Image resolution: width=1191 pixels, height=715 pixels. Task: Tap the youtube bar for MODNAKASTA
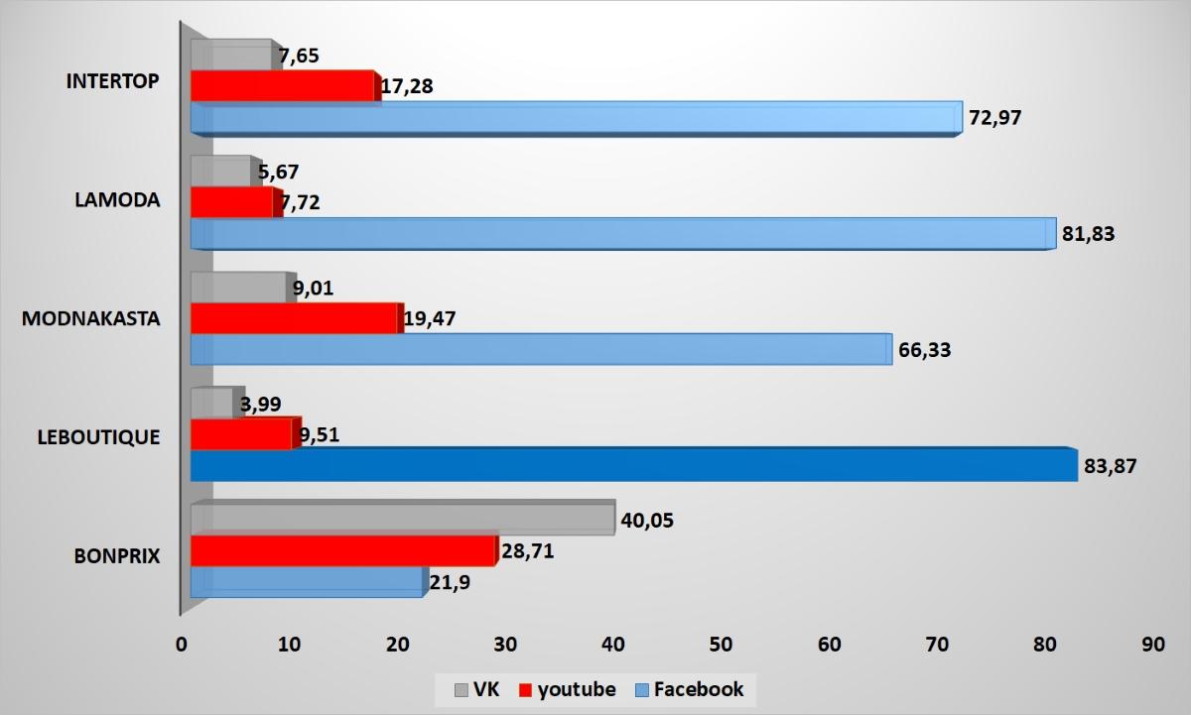(295, 318)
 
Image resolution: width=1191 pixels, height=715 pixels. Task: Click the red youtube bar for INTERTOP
(283, 86)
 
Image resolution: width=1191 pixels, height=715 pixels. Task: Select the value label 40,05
(647, 520)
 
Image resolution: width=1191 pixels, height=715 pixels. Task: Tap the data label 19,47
(432, 319)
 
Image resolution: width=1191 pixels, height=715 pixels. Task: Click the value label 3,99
(262, 403)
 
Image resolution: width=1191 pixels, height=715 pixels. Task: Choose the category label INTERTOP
(112, 81)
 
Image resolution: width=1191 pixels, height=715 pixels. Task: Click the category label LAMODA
(117, 199)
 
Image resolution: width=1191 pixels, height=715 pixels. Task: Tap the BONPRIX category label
(117, 556)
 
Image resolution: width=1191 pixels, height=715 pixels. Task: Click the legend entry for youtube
(567, 689)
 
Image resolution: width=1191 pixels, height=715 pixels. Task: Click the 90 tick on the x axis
(1152, 644)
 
